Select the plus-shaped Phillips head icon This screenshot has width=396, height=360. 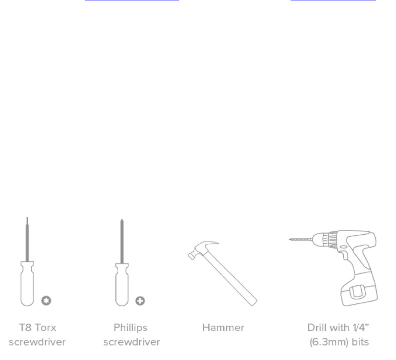tap(140, 301)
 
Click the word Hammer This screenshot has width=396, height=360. tap(223, 328)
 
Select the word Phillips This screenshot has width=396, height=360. tap(130, 328)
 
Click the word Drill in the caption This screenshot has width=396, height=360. tap(317, 328)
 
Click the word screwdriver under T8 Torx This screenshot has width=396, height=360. tap(36, 342)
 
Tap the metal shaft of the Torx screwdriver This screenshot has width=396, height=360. tap(27, 240)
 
